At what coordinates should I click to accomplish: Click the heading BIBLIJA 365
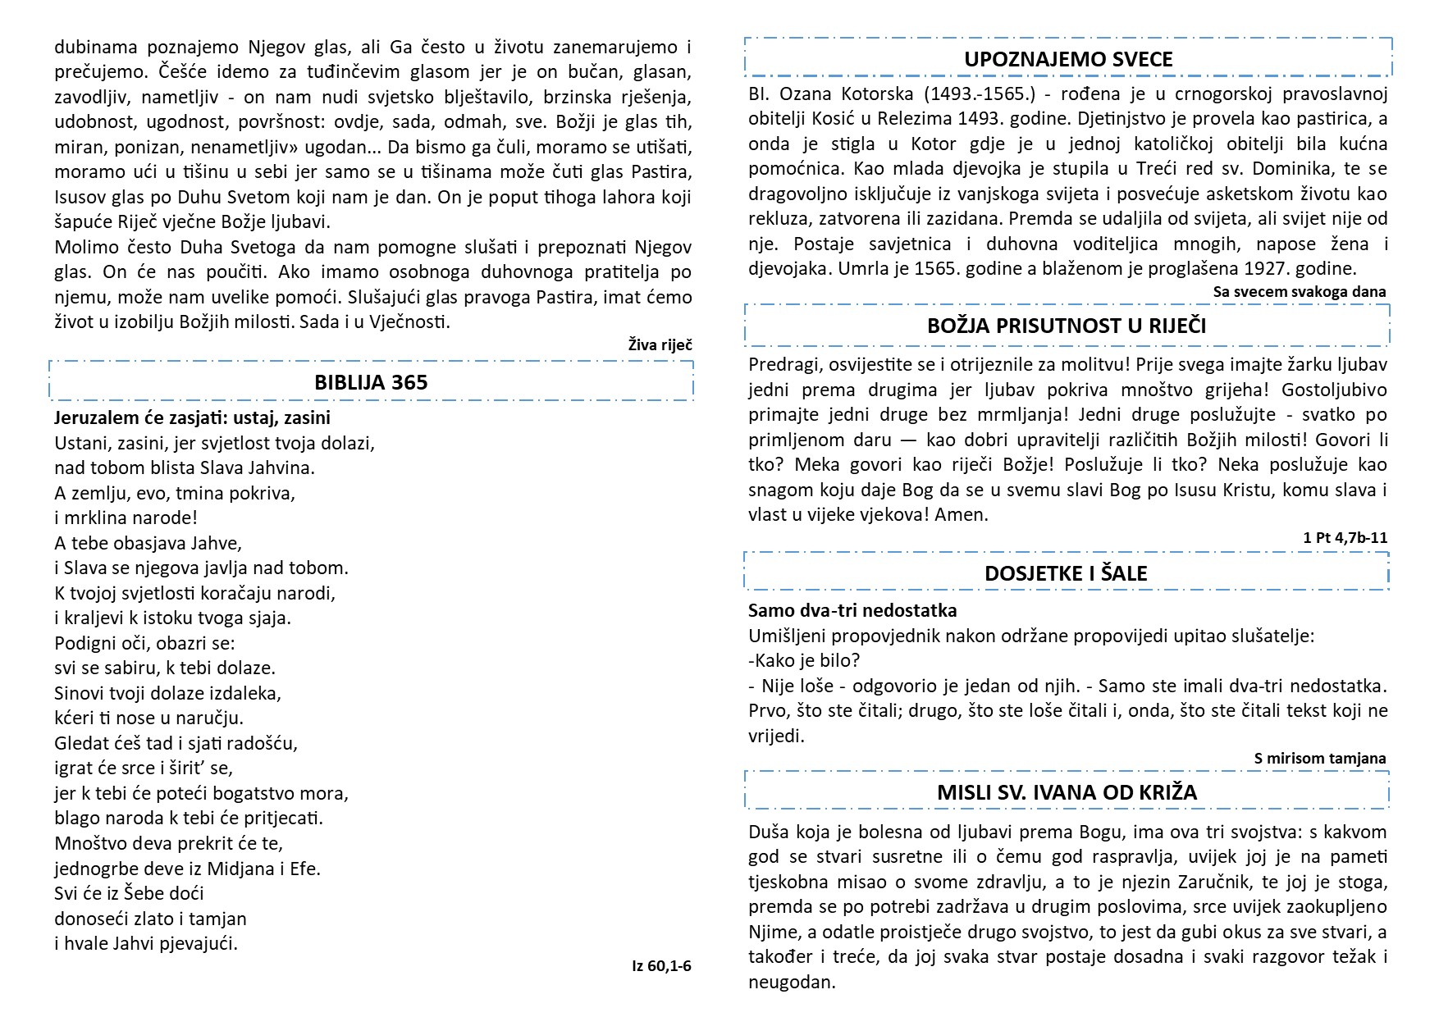coord(371,382)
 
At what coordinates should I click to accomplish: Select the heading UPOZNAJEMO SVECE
coord(1068,59)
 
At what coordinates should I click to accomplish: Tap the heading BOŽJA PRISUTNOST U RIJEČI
coord(1067,326)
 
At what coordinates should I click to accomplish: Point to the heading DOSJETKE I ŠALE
coord(1066,573)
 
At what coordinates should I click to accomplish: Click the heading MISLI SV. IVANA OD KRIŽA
coord(1067,792)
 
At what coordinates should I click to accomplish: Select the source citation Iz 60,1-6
coord(661,965)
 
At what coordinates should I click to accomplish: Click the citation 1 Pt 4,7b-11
coord(1345,538)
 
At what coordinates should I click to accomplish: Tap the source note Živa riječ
coord(660,344)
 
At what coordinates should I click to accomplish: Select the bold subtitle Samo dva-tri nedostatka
coord(852,610)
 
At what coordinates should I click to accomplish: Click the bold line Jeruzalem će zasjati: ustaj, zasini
coord(192,417)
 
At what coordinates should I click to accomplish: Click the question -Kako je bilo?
coord(804,660)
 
